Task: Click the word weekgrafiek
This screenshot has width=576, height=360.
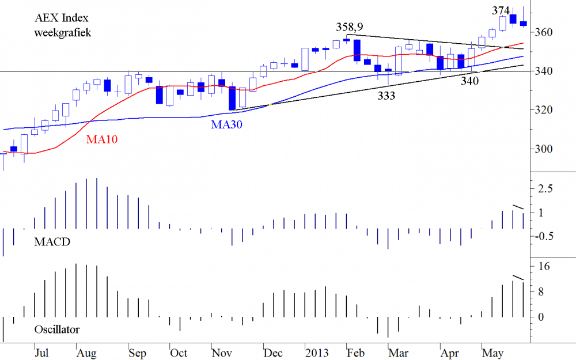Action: point(63,32)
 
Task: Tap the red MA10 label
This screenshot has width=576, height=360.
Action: point(103,139)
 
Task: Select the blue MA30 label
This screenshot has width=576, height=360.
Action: point(226,124)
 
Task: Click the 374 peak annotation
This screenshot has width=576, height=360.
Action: point(501,10)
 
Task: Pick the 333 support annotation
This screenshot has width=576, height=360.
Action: point(386,96)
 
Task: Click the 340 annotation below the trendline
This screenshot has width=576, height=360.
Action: point(469,81)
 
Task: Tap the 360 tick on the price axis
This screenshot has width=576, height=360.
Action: point(545,32)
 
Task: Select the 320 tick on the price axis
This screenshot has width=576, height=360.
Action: point(545,110)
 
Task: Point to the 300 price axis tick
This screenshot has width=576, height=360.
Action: point(545,149)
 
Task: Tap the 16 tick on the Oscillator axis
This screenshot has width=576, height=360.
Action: point(544,267)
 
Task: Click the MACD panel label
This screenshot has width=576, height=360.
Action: point(52,242)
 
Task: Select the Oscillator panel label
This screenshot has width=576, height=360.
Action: point(56,330)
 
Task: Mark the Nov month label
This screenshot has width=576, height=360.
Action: point(222,352)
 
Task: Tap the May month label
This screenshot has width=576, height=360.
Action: point(491,352)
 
